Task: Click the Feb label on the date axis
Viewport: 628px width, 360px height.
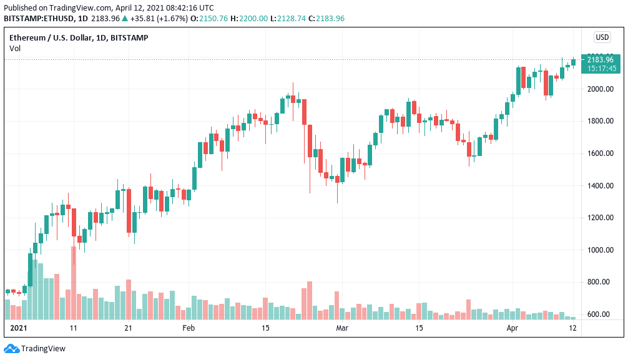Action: point(188,328)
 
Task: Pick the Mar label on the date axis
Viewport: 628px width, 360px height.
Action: point(341,328)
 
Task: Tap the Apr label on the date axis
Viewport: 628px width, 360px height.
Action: point(512,328)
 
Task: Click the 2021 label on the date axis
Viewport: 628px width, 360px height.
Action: point(19,328)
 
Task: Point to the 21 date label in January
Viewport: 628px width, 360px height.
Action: point(129,328)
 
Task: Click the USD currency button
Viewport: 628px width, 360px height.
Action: point(602,37)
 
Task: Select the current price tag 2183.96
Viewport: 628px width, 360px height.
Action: point(601,60)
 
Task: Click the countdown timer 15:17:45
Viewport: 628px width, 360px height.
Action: point(601,68)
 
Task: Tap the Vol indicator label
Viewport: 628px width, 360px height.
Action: point(15,48)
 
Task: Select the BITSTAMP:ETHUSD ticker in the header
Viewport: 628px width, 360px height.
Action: point(38,18)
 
